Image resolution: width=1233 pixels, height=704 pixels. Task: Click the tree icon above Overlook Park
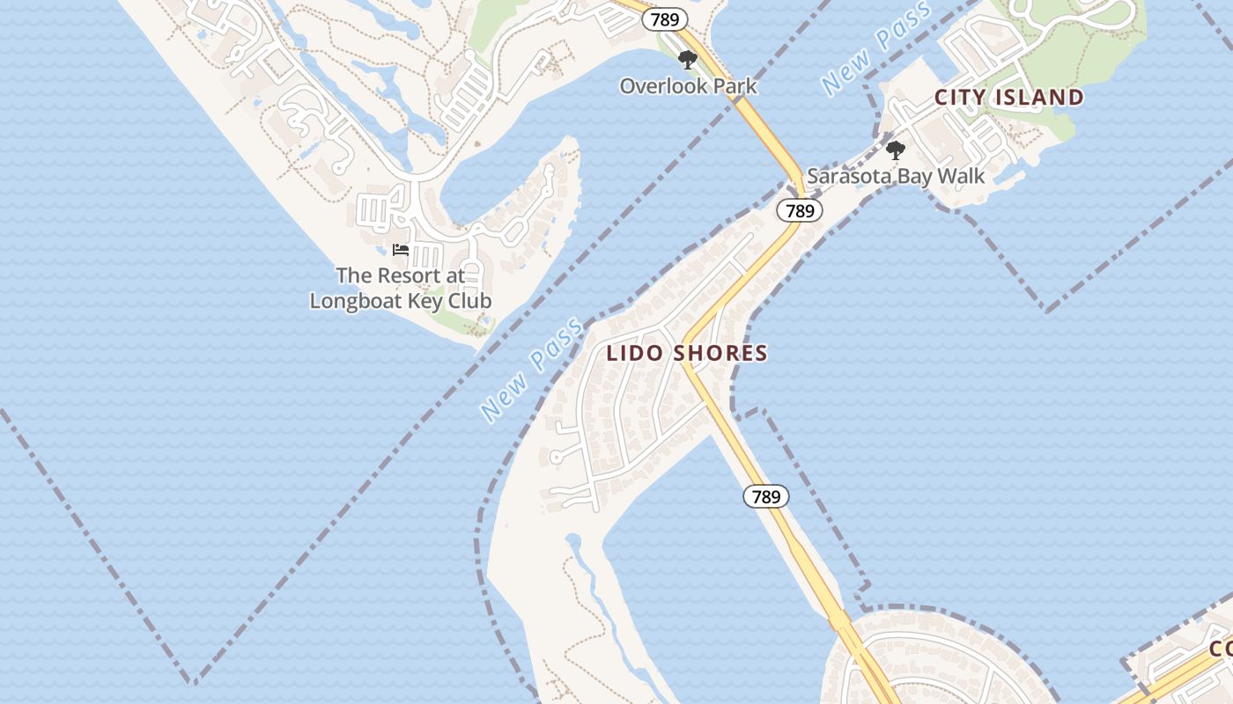pos(688,60)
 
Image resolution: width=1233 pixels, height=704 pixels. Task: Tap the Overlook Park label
pos(688,86)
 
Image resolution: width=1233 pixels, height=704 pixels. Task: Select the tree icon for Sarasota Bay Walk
pos(896,150)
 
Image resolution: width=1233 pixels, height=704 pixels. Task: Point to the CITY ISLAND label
pos(1008,98)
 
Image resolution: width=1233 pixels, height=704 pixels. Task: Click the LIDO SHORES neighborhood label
pos(687,354)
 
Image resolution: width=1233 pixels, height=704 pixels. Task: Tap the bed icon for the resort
pos(401,250)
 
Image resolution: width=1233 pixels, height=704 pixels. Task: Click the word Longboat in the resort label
pos(351,301)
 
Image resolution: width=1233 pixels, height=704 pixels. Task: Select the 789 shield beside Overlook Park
pos(664,19)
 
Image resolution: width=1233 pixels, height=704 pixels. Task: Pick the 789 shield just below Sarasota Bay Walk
pos(800,210)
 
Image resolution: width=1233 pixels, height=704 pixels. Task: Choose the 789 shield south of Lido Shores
pos(766,496)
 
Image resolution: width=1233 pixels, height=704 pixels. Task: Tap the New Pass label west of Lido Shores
pos(531,370)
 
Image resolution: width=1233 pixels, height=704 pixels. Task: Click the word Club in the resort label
pos(468,301)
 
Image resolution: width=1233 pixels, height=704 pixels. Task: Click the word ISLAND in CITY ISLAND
pos(1040,98)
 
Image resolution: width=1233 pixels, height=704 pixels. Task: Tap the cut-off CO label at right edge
pos(1221,649)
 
